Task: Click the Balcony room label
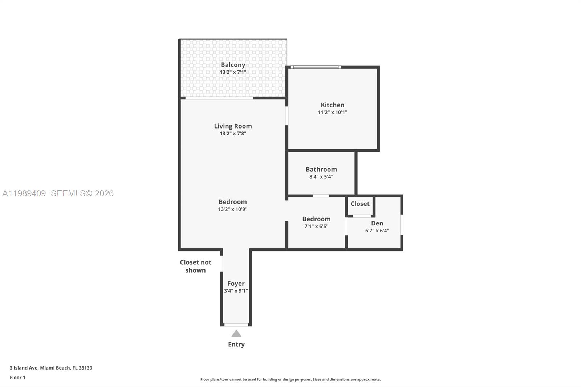(233, 65)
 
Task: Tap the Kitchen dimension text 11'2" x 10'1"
(332, 112)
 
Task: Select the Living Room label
(233, 126)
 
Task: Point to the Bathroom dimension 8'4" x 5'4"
(321, 177)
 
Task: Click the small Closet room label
(360, 204)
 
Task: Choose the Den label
(377, 223)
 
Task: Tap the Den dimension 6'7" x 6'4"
(377, 231)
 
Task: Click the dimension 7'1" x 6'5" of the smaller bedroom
(316, 226)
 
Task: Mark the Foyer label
(236, 284)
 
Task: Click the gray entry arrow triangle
(236, 333)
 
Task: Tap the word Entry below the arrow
(236, 344)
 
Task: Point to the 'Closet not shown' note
(195, 266)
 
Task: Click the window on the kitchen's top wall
(316, 67)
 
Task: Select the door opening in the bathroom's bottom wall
(321, 196)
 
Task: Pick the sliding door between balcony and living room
(219, 98)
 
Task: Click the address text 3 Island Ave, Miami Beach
(51, 368)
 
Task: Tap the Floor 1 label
(17, 378)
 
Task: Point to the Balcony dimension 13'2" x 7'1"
(233, 72)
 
